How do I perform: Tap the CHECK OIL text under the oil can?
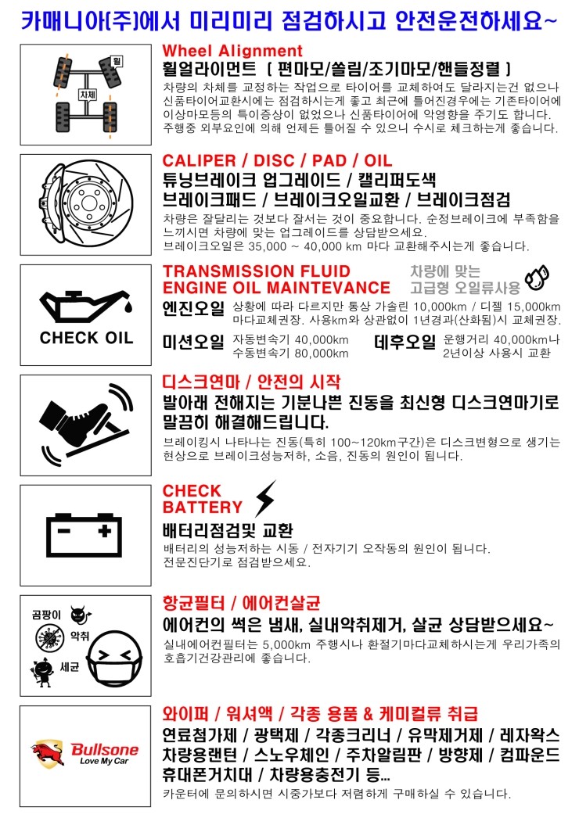86,339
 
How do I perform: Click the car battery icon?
86,535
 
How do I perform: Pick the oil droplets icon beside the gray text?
537,277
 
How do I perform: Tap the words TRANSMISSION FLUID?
256,271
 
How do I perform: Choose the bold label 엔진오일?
192,308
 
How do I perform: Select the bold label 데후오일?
405,343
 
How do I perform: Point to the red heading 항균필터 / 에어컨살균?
241,603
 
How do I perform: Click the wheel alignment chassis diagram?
86,94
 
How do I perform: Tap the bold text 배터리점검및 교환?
227,529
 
